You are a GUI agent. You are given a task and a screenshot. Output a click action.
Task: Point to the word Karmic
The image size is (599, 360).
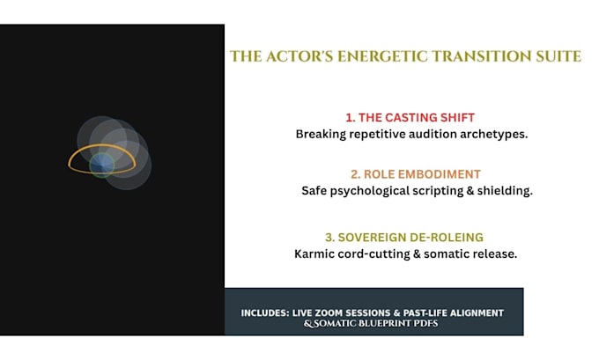tap(311, 253)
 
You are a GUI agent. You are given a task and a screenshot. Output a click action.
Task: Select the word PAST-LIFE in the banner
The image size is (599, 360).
tap(425, 313)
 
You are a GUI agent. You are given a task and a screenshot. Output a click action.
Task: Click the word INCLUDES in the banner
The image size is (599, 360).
tap(265, 313)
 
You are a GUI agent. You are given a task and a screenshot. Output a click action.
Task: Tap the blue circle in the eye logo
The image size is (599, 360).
tap(102, 165)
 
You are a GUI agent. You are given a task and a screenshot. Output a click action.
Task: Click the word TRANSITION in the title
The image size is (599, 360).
tap(482, 56)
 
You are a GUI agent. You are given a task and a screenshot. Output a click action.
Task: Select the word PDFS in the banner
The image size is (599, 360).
tap(429, 324)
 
